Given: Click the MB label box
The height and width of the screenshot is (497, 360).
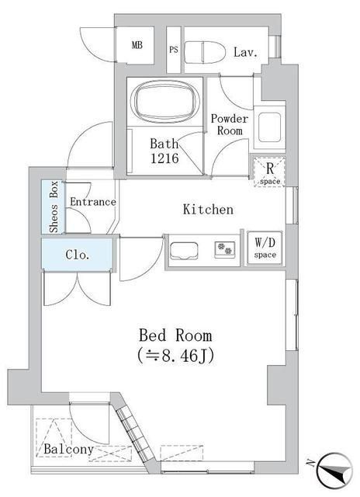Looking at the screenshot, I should click(x=137, y=46).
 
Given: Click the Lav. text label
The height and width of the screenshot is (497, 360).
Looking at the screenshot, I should click(x=244, y=52).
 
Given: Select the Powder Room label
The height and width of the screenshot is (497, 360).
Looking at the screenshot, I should click(x=230, y=125).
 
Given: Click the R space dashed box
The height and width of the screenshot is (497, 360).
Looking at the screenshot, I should click(x=268, y=172).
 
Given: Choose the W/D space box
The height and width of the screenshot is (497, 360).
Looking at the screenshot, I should click(x=264, y=248).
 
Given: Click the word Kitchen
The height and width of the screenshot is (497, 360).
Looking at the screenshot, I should click(x=207, y=209).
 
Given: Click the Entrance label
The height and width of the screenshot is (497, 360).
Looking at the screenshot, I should click(x=92, y=202).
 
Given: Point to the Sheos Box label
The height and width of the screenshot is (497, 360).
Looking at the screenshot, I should click(x=54, y=207).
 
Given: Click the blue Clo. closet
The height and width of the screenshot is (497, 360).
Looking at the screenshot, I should click(x=77, y=254).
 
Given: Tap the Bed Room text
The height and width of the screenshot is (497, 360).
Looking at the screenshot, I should click(x=175, y=335).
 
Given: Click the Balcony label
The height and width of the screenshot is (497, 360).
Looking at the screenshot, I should click(x=68, y=450).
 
